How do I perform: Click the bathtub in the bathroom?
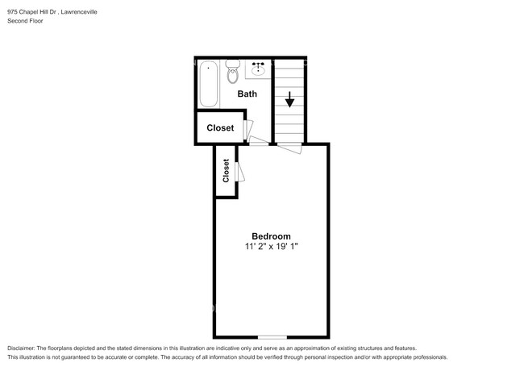[x=208, y=84]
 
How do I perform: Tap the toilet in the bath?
[x=233, y=73]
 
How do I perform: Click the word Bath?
[x=247, y=94]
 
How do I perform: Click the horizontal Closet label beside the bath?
[x=220, y=128]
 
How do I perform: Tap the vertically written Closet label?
[x=226, y=171]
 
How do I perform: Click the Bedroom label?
[x=271, y=236]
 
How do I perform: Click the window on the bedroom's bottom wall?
[x=272, y=336]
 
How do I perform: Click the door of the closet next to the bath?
[x=248, y=128]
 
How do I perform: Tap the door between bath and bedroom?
[x=259, y=143]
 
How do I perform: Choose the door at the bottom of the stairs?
[x=289, y=147]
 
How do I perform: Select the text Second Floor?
[x=26, y=22]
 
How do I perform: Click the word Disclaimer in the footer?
[x=22, y=348]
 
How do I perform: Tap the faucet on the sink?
[x=260, y=65]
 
